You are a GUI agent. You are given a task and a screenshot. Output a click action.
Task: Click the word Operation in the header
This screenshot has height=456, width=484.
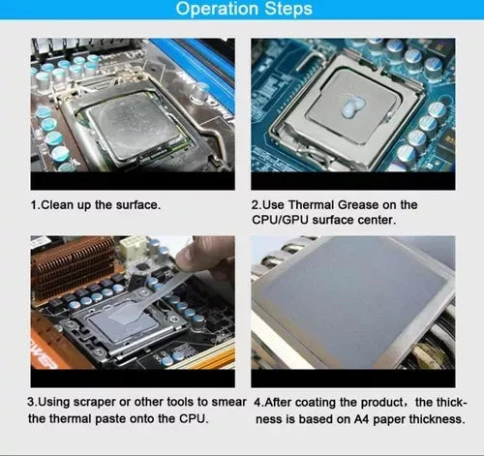(217, 9)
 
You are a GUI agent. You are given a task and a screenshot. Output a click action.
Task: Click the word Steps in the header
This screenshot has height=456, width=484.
(288, 9)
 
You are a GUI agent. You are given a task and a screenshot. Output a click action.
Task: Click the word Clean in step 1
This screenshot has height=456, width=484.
(57, 205)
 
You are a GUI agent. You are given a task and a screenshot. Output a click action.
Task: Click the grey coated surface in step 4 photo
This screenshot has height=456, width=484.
(353, 303)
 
